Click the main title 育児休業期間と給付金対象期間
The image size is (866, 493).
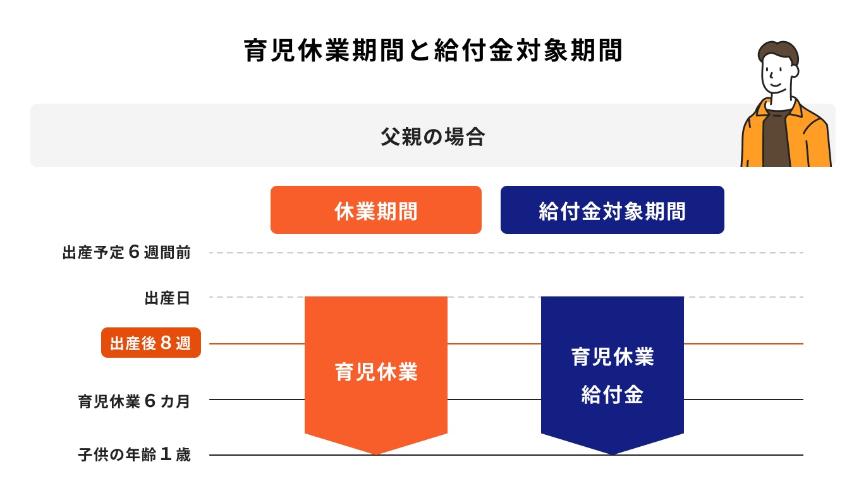coord(432,51)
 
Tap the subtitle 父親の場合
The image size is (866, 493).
coord(432,137)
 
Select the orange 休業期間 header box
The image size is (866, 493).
coord(375,210)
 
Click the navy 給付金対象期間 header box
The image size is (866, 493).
coord(612,210)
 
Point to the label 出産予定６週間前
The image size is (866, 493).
coord(126,252)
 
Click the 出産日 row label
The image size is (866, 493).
coord(168,298)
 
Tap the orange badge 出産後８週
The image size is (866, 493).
coord(151,343)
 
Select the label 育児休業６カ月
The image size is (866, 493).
coord(134,401)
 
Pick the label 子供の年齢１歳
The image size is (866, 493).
coord(134,454)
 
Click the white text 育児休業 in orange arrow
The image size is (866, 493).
coord(376,372)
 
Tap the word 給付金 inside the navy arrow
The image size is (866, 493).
coord(613,395)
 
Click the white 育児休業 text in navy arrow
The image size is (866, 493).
coord(613,356)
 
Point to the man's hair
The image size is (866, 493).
coord(778,53)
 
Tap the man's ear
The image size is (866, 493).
coord(794,71)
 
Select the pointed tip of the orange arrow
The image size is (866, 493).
coord(376,454)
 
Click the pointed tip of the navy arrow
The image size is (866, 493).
coord(613,454)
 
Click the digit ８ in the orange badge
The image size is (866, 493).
coord(166,343)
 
